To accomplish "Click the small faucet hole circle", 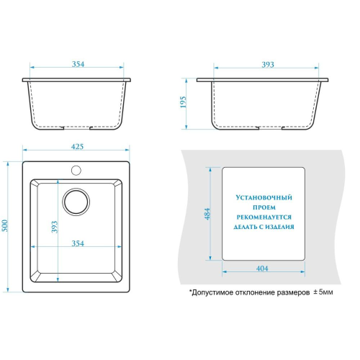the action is point(76,170).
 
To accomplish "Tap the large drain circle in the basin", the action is point(76,202).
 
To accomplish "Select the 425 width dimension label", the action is point(77,146).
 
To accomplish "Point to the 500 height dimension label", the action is point(5,226).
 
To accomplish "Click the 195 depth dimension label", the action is point(183,102).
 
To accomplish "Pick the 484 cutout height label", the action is point(207,214).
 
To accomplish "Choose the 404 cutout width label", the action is point(262,268).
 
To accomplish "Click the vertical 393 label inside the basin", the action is point(55,227).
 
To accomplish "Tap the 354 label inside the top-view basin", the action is point(78,243).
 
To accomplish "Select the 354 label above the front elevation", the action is point(78,64).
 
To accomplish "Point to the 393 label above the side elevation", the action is point(268,64).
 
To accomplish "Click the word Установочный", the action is point(264,197).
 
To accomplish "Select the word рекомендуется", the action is point(264,217).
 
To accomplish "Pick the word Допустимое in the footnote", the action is point(211,292).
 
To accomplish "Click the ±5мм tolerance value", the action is point(323,292).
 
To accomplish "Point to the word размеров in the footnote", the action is point(293,292).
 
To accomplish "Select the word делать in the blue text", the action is point(246,227).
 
